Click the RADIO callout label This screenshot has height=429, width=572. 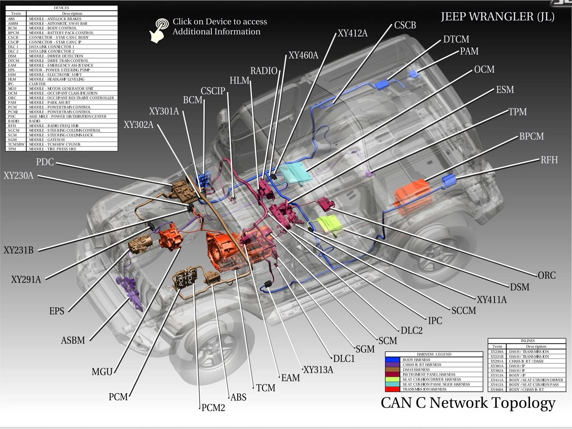click(x=263, y=71)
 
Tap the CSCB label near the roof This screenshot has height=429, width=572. click(x=405, y=25)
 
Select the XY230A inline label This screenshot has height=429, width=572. click(x=18, y=176)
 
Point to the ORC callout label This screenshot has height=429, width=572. click(x=547, y=275)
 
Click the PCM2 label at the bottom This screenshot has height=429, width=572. click(x=213, y=408)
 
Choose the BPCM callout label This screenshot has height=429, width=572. click(x=531, y=136)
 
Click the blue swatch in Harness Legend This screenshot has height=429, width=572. click(x=392, y=360)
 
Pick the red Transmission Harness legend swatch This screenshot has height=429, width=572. click(x=392, y=389)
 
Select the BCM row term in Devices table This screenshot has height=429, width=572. click(x=13, y=28)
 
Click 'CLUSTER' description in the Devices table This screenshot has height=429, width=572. click(x=37, y=84)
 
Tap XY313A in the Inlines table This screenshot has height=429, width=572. click(x=497, y=375)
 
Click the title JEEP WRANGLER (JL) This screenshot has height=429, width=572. click(x=498, y=16)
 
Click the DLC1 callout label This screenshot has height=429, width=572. click(x=344, y=359)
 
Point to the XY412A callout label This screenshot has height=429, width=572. click(x=353, y=33)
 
